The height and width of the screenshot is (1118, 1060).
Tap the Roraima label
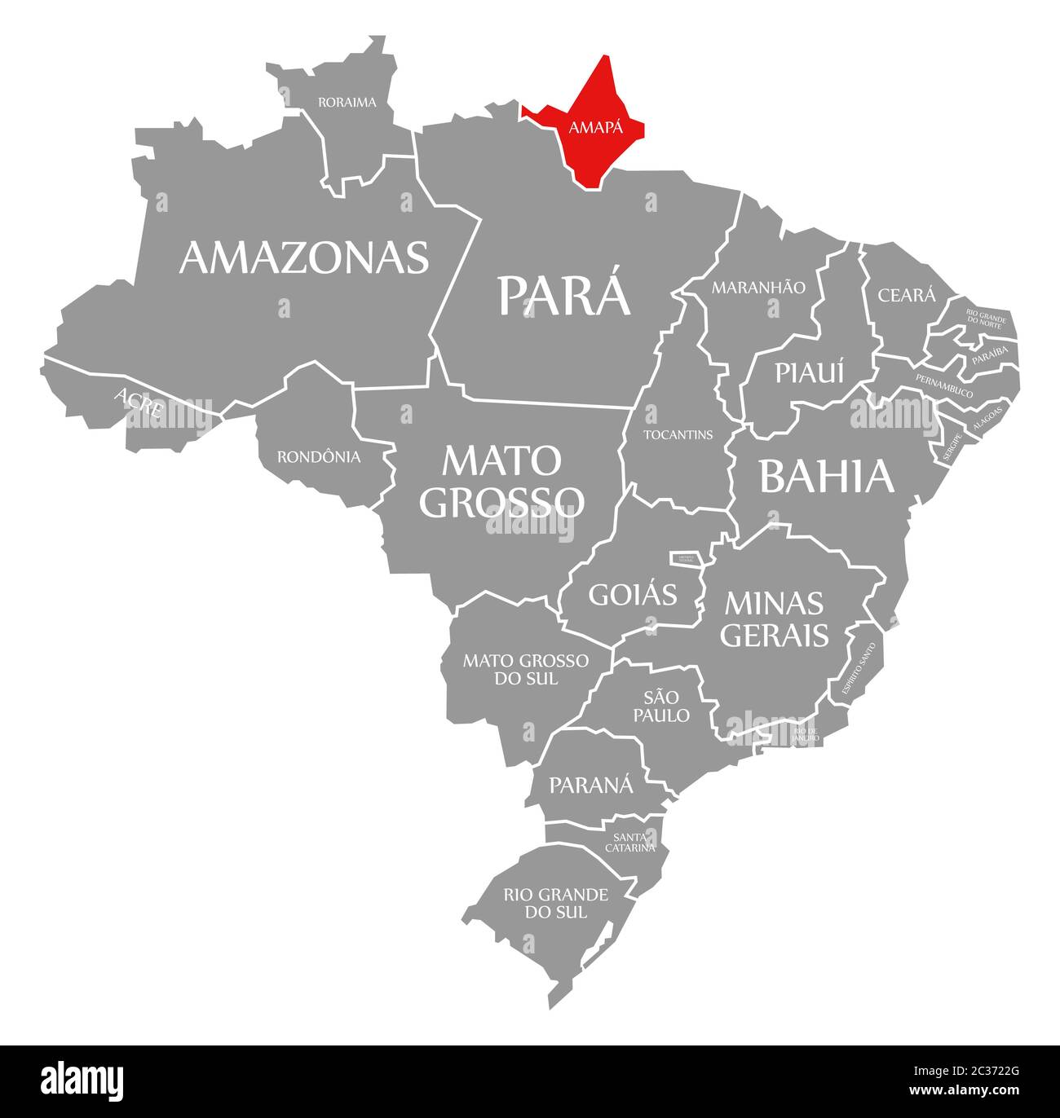(x=347, y=103)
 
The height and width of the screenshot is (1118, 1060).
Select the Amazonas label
(x=304, y=257)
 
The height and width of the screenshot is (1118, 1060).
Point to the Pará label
(x=564, y=295)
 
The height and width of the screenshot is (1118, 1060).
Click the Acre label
(x=139, y=403)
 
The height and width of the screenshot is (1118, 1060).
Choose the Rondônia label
(x=319, y=457)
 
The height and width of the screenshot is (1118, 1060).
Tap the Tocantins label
(x=678, y=434)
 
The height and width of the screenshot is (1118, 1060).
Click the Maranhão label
(x=758, y=288)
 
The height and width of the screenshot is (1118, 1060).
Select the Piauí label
(x=810, y=372)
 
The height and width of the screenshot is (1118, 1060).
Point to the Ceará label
(x=907, y=295)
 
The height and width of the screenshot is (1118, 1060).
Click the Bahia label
(x=827, y=477)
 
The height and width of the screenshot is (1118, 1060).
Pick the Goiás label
(x=633, y=595)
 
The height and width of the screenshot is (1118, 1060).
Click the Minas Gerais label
(x=774, y=618)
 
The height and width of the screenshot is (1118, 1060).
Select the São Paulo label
(x=666, y=706)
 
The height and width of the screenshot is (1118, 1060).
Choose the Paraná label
(x=591, y=785)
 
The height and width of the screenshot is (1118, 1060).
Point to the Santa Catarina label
(x=629, y=843)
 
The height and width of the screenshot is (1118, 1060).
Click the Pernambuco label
(x=944, y=385)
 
